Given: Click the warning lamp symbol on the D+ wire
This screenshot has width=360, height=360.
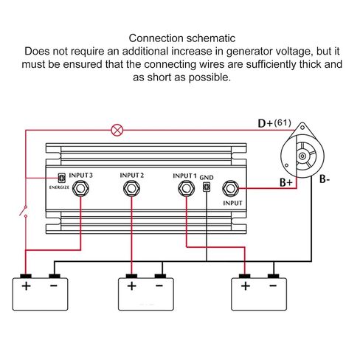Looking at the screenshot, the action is pyautogui.click(x=117, y=130).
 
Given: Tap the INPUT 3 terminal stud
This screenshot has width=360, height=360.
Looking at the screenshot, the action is pyautogui.click(x=80, y=188).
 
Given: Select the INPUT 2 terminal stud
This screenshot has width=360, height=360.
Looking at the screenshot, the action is pyautogui.click(x=131, y=188).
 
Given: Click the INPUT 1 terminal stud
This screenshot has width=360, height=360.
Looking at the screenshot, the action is pyautogui.click(x=186, y=188).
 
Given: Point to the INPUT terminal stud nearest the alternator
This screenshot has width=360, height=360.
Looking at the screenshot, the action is pyautogui.click(x=230, y=188).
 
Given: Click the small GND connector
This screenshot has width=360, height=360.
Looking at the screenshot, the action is pyautogui.click(x=207, y=187).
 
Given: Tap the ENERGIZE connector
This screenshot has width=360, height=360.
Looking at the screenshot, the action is pyautogui.click(x=61, y=178).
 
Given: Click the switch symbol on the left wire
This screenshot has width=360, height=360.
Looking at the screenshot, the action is pyautogui.click(x=24, y=211).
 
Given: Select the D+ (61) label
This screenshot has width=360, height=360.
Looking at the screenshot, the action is pyautogui.click(x=274, y=123).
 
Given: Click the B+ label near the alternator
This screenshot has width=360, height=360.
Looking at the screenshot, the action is pyautogui.click(x=286, y=182).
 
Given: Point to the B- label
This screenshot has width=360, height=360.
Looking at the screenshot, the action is pyautogui.click(x=325, y=179).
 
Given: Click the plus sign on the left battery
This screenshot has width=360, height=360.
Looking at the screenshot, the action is pyautogui.click(x=26, y=286).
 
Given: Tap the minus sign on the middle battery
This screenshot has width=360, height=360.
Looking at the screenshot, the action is pyautogui.click(x=159, y=285).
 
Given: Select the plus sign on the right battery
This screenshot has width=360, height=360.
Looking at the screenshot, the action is pyautogui.click(x=246, y=286).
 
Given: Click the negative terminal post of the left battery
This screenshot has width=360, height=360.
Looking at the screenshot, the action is pyautogui.click(x=55, y=276).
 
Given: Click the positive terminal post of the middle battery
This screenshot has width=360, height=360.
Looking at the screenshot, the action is pyautogui.click(x=131, y=276).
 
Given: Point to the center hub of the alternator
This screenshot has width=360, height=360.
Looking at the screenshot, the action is pyautogui.click(x=302, y=156).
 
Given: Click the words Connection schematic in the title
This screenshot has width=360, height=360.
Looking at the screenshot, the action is pyautogui.click(x=182, y=38).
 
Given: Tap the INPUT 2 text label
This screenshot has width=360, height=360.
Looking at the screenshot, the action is pyautogui.click(x=131, y=176).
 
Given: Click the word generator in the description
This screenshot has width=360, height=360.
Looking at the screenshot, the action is pyautogui.click(x=248, y=52).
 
